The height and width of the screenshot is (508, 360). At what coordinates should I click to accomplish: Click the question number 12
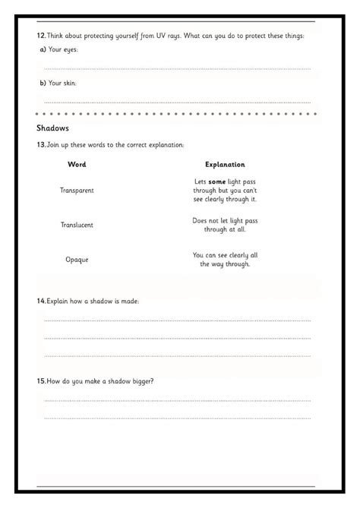pyautogui.click(x=41, y=36)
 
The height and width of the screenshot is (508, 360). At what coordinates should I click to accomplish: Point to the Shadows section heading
pyautogui.click(x=53, y=128)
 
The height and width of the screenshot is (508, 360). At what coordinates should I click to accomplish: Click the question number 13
pyautogui.click(x=41, y=144)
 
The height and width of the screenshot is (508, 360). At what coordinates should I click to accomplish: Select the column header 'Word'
pyautogui.click(x=77, y=164)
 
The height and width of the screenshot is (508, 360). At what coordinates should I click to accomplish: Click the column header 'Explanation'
pyautogui.click(x=225, y=164)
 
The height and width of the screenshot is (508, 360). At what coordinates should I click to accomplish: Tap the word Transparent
pyautogui.click(x=77, y=190)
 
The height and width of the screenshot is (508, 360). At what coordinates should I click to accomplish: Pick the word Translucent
pyautogui.click(x=77, y=225)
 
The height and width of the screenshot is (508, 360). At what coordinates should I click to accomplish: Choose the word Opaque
pyautogui.click(x=77, y=260)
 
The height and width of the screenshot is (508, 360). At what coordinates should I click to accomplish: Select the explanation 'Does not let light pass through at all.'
pyautogui.click(x=225, y=224)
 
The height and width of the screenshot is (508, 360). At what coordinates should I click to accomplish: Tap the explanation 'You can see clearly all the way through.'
pyautogui.click(x=225, y=259)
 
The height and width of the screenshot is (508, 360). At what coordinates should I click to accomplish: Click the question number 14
pyautogui.click(x=41, y=301)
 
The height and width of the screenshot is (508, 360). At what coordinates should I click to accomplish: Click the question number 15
pyautogui.click(x=41, y=380)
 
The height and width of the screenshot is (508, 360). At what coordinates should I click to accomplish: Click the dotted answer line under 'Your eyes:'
pyautogui.click(x=177, y=68)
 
